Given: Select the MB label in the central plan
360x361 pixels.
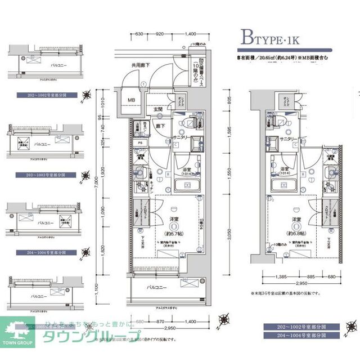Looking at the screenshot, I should [131, 101].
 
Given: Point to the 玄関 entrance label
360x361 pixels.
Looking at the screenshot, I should [158, 110].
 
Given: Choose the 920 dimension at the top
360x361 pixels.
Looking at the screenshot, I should [159, 34].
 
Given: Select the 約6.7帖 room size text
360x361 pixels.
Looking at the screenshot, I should [171, 234].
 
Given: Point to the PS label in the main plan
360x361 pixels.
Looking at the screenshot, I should [139, 142].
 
